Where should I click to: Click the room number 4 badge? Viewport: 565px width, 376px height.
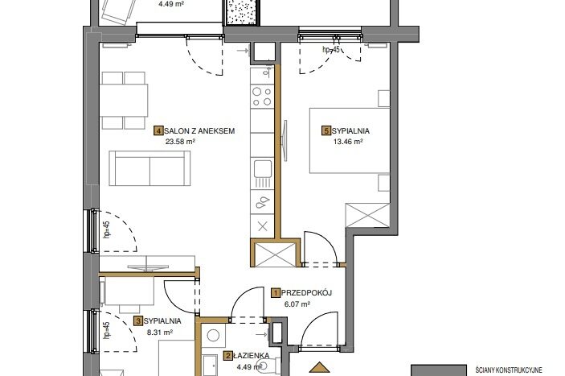pos(158,130)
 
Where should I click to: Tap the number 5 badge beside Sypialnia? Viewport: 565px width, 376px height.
pos(326,130)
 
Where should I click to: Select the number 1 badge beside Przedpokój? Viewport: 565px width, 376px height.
pos(276,292)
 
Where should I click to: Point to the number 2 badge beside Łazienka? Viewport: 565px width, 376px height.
pos(228,356)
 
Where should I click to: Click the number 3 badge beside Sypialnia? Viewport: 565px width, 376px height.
pos(138,320)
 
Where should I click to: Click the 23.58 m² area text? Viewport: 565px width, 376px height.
pos(180,142)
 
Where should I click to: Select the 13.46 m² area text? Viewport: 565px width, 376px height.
pos(348,142)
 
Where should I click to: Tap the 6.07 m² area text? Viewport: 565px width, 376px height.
pos(297,304)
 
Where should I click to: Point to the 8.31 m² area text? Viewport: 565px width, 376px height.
pos(160,333)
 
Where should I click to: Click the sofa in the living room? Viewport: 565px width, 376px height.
pos(149,168)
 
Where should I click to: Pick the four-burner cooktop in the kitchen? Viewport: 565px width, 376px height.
pos(262,97)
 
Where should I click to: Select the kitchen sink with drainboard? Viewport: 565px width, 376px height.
pos(262,174)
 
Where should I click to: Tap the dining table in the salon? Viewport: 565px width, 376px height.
pos(124,100)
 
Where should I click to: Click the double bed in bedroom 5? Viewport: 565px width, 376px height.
pos(350,140)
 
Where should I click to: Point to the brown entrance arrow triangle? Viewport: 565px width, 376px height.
pos(319,367)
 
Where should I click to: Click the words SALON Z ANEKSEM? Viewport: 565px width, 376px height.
pos(199,131)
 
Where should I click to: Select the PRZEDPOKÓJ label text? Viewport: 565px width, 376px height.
pos(306,292)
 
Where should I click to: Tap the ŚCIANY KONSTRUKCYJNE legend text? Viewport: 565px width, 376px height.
pos(509,370)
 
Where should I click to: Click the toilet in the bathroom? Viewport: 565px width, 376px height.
pos(270,366)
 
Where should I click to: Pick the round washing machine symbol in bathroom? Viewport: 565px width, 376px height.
pos(213,336)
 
